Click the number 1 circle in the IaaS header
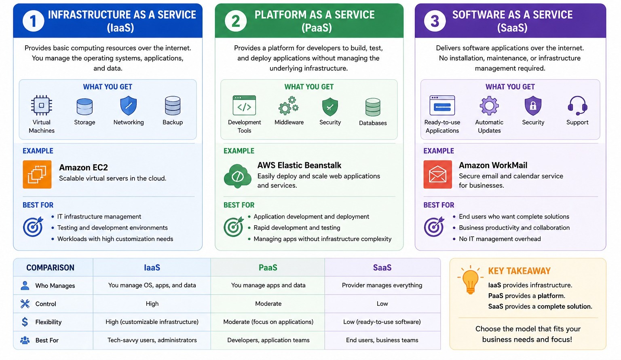[x=33, y=21]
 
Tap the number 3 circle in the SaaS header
[x=435, y=21]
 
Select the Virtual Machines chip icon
[x=41, y=106]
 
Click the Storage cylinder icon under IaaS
[x=84, y=107]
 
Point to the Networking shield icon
[x=129, y=106]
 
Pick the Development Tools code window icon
[x=244, y=106]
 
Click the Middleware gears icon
[x=289, y=106]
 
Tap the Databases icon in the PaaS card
[x=373, y=107]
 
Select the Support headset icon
[x=577, y=106]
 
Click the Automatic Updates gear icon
[x=489, y=106]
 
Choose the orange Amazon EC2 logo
[x=37, y=174]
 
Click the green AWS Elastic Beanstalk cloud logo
[x=238, y=176]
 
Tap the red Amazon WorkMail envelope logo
[x=437, y=174]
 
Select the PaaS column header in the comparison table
[x=268, y=267]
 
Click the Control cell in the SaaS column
[x=382, y=304]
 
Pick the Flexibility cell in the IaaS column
[x=152, y=322]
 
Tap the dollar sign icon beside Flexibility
[x=25, y=322]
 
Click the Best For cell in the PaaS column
[x=268, y=340]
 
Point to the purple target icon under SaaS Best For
[x=434, y=227]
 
